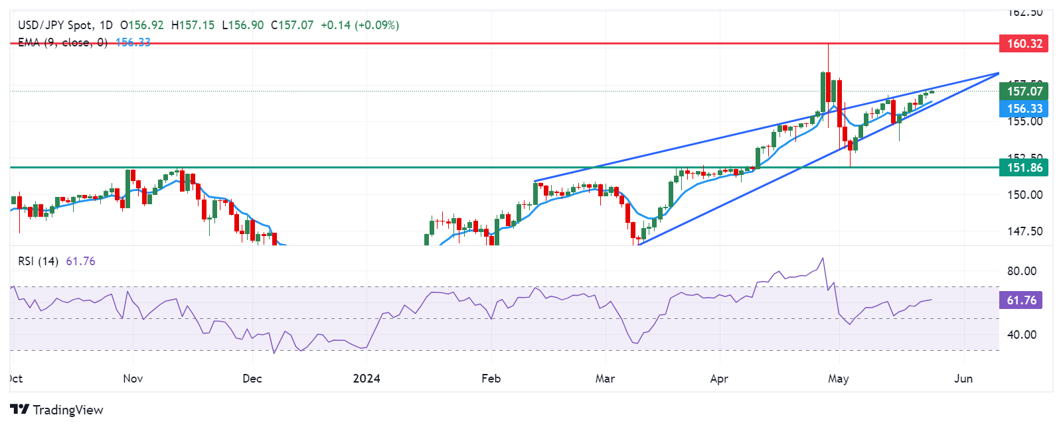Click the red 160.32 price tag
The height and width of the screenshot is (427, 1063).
(1024, 44)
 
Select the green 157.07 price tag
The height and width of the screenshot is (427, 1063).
(1024, 91)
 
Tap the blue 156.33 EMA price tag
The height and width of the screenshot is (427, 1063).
(1024, 109)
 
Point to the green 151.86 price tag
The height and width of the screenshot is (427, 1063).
(1024, 168)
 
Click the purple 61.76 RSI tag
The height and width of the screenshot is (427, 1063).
(1021, 300)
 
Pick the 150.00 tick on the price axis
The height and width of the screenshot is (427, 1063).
(1024, 195)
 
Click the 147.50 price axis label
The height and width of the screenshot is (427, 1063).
(1024, 231)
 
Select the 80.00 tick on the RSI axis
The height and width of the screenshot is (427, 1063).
(1021, 271)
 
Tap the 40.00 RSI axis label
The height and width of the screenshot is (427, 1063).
(1021, 335)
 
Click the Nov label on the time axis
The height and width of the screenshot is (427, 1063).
(133, 379)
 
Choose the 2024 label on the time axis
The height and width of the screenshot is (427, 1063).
(367, 379)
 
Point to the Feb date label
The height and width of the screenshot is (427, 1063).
(491, 379)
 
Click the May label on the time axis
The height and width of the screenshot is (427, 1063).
(839, 379)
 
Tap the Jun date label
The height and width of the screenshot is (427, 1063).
(963, 379)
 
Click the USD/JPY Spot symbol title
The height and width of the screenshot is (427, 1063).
(56, 25)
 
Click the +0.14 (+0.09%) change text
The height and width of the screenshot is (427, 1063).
(360, 25)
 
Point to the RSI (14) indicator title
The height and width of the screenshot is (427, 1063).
(38, 261)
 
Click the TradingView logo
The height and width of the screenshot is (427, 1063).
(57, 410)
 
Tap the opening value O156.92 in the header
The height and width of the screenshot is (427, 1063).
(141, 25)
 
